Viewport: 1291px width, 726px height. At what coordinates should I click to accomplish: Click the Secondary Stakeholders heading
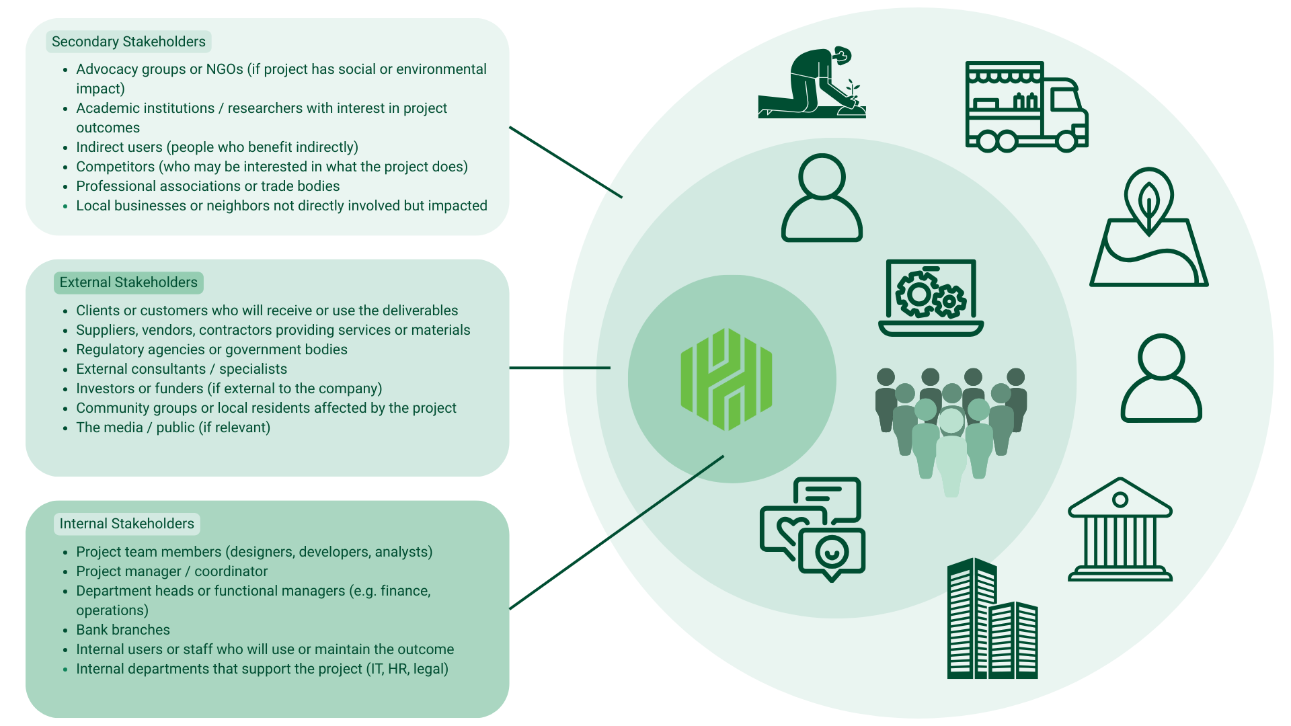pyautogui.click(x=128, y=42)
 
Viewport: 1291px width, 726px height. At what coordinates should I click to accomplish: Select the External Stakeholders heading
pyautogui.click(x=128, y=282)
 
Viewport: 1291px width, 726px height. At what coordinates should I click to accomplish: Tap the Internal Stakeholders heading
pyautogui.click(x=126, y=524)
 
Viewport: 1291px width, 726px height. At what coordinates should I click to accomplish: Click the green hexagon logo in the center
pyautogui.click(x=726, y=379)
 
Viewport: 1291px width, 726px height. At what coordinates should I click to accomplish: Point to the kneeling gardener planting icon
pyautogui.click(x=812, y=83)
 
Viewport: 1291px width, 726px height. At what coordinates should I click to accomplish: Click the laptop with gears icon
pyautogui.click(x=931, y=298)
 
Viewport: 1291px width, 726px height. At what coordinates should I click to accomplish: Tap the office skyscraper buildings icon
pyautogui.click(x=992, y=619)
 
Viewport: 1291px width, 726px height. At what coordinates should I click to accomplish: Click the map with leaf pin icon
pyautogui.click(x=1148, y=229)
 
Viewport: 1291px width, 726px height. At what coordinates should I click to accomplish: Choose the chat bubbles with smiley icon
pyautogui.click(x=813, y=528)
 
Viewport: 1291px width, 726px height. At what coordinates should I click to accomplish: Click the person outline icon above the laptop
pyautogui.click(x=822, y=198)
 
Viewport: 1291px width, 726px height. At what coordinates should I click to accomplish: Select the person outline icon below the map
pyautogui.click(x=1161, y=378)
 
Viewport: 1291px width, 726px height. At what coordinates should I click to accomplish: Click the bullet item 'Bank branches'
pyautogui.click(x=123, y=630)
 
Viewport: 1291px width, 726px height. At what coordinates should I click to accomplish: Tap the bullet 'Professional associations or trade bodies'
pyautogui.click(x=208, y=186)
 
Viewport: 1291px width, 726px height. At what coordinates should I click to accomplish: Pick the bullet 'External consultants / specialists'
pyautogui.click(x=182, y=369)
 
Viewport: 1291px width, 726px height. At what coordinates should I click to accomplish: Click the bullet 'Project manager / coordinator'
pyautogui.click(x=171, y=571)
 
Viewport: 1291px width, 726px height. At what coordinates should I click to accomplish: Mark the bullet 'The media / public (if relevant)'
pyautogui.click(x=173, y=428)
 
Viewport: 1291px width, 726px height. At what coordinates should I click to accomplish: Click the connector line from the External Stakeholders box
pyautogui.click(x=559, y=368)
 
